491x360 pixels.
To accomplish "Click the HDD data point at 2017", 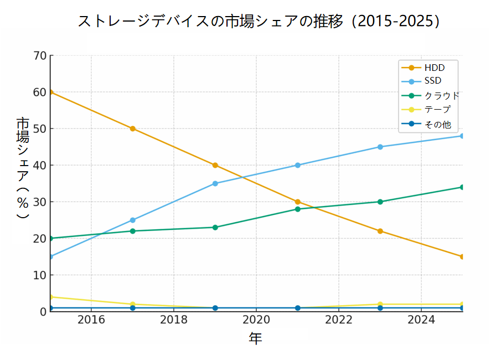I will (x=133, y=128).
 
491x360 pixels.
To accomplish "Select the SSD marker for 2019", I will (x=215, y=183).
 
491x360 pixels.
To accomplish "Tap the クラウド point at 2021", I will (x=298, y=209).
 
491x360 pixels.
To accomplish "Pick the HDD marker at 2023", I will (x=380, y=231).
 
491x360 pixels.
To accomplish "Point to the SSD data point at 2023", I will (x=380, y=147).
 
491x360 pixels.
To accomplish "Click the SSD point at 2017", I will (x=133, y=220).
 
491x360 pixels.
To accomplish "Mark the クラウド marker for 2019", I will (x=215, y=227).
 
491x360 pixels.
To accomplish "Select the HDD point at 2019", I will (x=215, y=165).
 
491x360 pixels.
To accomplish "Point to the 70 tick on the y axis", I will (x=39, y=55).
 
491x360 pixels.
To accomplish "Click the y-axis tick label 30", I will (x=39, y=202).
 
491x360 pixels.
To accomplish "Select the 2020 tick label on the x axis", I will (x=256, y=320).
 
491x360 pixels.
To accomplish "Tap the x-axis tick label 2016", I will (x=91, y=320).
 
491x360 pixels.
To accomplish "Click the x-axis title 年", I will (x=255, y=338).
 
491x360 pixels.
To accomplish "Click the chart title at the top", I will (x=258, y=21).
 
